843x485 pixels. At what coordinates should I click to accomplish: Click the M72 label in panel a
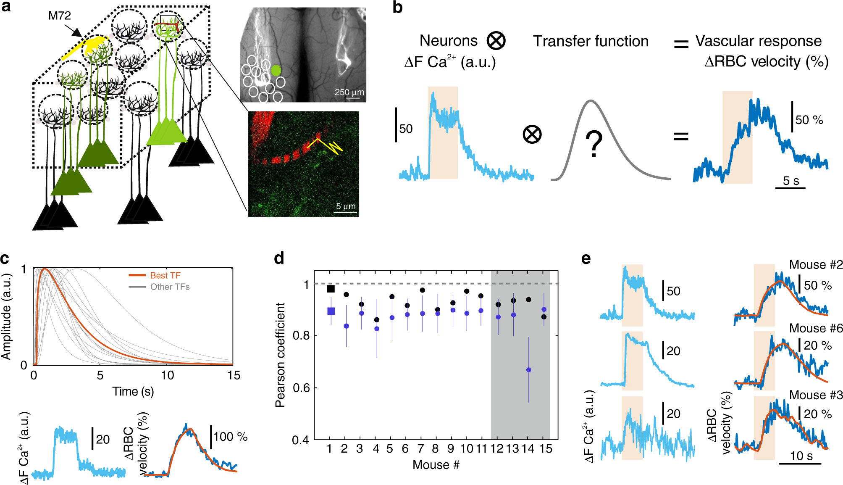point(60,16)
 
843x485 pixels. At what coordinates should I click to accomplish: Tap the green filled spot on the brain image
point(276,70)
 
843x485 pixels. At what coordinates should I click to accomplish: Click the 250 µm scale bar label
point(349,92)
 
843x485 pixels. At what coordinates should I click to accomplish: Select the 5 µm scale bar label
point(346,206)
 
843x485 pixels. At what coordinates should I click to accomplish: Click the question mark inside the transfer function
point(594,144)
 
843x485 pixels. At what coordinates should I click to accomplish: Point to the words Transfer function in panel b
point(591,41)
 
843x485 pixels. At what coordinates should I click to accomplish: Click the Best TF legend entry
point(165,275)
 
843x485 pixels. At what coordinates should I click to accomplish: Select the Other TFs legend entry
point(170,287)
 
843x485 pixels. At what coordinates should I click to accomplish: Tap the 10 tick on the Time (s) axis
point(167,375)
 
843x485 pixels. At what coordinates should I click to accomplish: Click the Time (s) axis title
point(133,391)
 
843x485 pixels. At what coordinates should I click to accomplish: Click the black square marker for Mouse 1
point(331,289)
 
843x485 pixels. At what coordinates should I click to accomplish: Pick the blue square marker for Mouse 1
point(331,311)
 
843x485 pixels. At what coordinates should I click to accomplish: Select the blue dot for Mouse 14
point(528,370)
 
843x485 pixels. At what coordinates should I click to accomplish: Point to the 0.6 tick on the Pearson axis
point(301,387)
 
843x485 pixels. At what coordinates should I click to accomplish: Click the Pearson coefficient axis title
point(280,355)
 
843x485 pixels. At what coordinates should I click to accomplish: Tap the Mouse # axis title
point(436,465)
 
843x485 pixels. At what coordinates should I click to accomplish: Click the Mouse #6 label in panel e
point(816,328)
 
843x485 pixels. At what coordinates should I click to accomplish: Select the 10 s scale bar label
point(801,456)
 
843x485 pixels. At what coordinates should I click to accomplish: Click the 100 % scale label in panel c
point(230,437)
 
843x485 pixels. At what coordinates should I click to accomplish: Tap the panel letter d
point(279,258)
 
